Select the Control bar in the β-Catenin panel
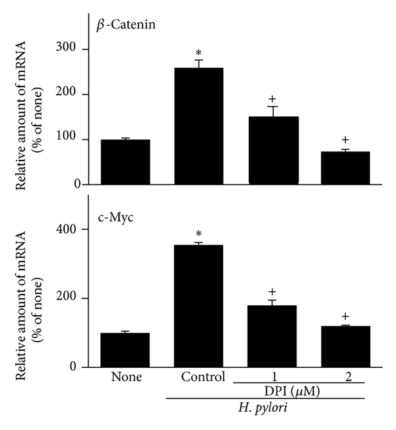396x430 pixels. pos(199,126)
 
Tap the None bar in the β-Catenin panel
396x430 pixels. pos(125,162)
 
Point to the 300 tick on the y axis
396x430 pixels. pos(79,50)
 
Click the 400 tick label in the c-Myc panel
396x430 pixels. pos(79,229)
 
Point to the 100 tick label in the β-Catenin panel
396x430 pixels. pos(79,139)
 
